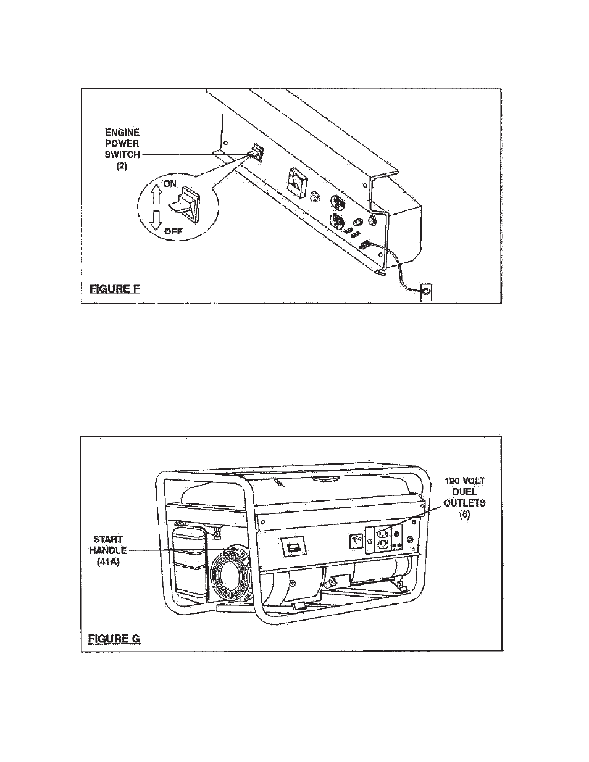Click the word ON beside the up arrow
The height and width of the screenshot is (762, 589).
tap(170, 184)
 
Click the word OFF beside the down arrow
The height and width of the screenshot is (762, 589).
tap(173, 231)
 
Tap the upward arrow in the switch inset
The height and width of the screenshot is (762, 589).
tap(156, 194)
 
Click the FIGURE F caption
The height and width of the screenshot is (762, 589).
tap(115, 289)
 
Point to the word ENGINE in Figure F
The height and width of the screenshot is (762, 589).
tap(122, 133)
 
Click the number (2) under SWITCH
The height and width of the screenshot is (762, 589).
tap(122, 166)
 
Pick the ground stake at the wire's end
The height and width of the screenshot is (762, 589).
tap(426, 292)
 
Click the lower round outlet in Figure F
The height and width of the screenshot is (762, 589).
tap(336, 222)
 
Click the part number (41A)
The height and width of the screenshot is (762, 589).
tap(108, 562)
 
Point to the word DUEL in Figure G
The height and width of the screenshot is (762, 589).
tap(464, 492)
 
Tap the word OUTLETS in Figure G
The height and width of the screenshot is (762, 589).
tap(464, 503)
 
